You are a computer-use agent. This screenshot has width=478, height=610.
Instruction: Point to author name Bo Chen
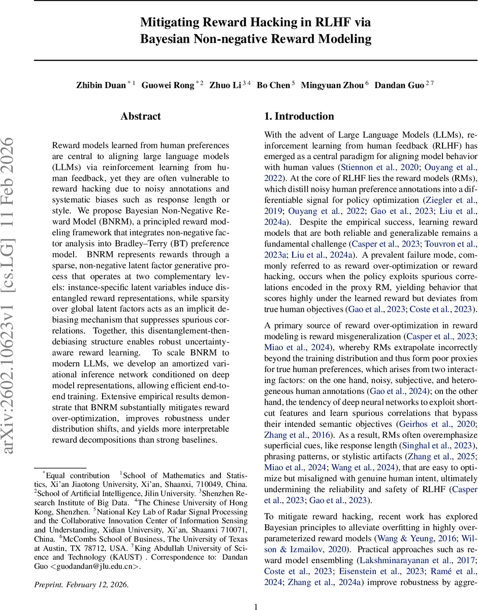[273, 85]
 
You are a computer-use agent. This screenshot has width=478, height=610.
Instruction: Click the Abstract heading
[141, 116]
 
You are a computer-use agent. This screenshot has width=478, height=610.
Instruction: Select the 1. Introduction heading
[299, 116]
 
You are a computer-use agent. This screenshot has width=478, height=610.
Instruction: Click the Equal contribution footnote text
[78, 475]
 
